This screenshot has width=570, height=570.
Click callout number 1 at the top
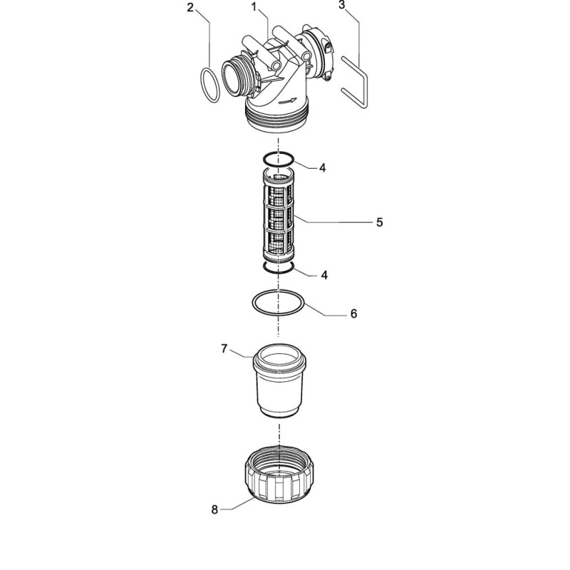point(254,6)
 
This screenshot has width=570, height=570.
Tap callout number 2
point(190,8)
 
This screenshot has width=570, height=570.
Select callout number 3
point(341,5)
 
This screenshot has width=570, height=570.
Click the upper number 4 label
point(323,168)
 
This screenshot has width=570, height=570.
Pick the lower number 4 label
point(324,275)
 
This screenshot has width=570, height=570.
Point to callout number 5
point(380,222)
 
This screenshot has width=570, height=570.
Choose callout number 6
point(353,313)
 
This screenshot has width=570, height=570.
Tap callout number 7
point(224,349)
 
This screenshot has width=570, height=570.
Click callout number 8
point(214,509)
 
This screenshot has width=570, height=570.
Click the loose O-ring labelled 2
point(201,84)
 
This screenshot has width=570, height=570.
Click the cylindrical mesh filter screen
point(278,214)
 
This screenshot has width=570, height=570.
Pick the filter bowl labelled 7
point(279,381)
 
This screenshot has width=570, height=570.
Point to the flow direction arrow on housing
point(287,101)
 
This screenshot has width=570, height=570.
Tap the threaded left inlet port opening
point(234,79)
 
